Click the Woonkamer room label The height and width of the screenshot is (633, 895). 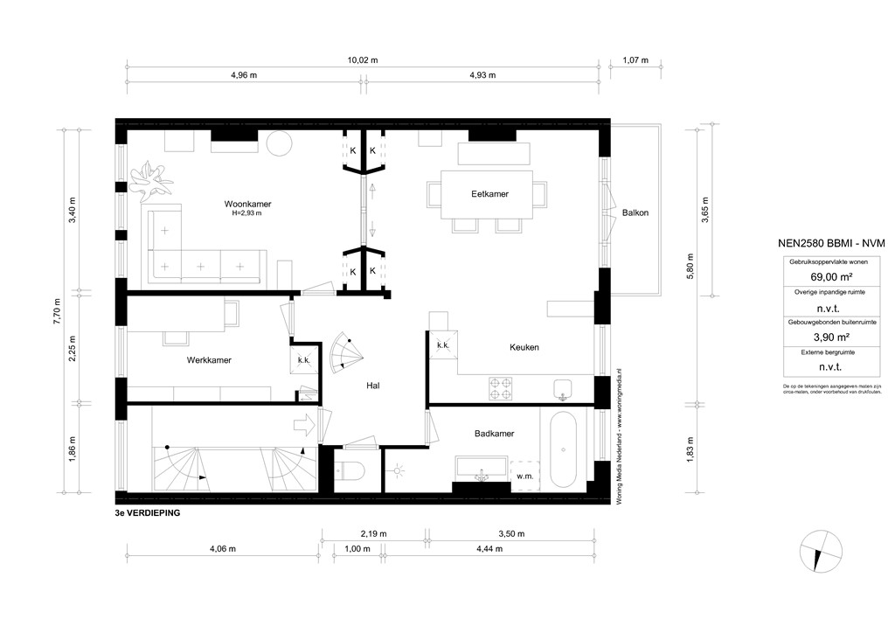click(x=247, y=204)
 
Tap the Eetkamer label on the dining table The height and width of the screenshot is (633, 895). click(x=489, y=194)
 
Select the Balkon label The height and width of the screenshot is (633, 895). click(x=635, y=212)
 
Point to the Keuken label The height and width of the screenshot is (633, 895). click(x=524, y=347)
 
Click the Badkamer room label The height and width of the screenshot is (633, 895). click(x=494, y=433)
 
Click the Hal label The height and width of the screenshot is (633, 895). click(x=373, y=385)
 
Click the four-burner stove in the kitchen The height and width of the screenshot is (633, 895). click(x=500, y=386)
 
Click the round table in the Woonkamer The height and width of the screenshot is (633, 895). click(x=279, y=143)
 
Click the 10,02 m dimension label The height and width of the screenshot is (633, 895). click(x=362, y=60)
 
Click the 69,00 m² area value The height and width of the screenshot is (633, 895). click(x=820, y=276)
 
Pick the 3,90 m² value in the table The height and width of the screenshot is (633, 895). click(x=820, y=337)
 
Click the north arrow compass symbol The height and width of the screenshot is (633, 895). click(x=820, y=553)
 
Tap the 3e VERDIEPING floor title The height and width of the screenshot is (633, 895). click(x=147, y=513)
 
